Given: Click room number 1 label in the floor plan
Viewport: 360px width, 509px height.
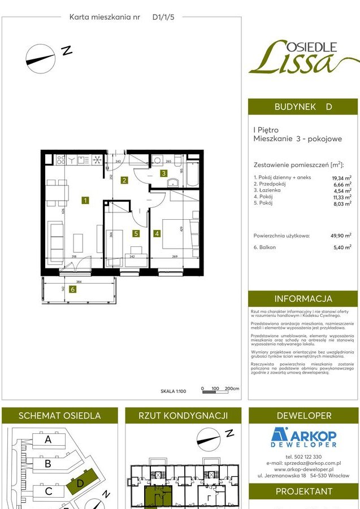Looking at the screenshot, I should (85, 200).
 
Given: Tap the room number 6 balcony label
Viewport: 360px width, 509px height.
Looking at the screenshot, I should (72, 290).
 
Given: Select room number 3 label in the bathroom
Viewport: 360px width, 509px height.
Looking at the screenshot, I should (163, 173).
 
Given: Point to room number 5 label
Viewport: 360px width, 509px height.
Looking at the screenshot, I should (136, 232).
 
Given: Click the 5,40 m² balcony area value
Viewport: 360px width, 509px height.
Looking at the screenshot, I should (341, 247).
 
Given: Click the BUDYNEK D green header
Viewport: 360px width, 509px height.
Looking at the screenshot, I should (303, 107).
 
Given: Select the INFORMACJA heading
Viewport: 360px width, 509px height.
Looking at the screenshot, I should (303, 299).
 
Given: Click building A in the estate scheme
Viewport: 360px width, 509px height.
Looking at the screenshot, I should (48, 440).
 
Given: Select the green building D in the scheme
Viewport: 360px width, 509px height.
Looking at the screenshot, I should (80, 484).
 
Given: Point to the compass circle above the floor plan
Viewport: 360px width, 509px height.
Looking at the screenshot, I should (41, 58).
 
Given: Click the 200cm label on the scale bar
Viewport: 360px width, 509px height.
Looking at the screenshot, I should (232, 389).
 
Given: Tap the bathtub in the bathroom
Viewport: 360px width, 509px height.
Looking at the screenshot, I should (193, 174).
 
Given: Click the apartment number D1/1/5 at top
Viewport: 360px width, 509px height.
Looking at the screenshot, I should (164, 18).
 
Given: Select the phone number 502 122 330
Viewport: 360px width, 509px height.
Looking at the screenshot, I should (303, 456).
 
